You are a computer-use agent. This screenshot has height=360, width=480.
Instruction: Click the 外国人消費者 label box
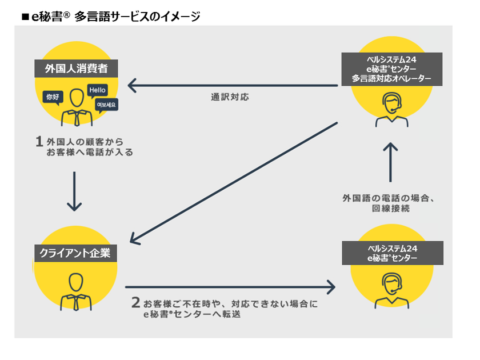(77, 70)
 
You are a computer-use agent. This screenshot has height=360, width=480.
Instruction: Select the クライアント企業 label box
(75, 251)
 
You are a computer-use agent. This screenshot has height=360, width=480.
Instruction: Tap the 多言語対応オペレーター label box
(391, 69)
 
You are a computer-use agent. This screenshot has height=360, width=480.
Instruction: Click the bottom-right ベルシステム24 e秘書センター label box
(392, 253)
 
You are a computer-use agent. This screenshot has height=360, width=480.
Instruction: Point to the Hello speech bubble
(97, 90)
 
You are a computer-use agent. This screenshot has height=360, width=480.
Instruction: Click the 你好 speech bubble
(52, 97)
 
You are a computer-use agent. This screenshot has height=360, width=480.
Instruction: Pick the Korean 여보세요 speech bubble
(106, 105)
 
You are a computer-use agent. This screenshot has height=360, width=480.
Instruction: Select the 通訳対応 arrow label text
(230, 97)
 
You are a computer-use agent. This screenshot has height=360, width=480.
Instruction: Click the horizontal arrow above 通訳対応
(231, 86)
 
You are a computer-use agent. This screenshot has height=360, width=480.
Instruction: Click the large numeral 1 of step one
(39, 141)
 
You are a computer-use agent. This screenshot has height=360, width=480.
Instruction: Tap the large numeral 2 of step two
(135, 302)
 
